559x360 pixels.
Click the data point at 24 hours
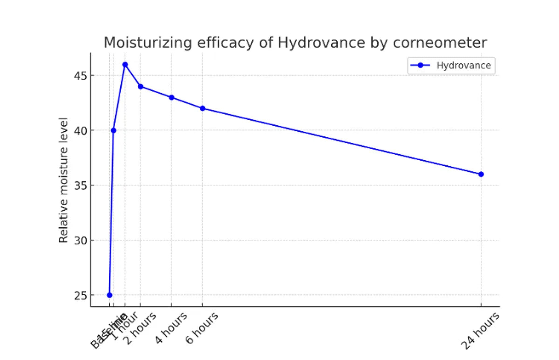click(481, 174)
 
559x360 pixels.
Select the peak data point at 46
click(125, 64)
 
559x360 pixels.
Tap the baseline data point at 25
click(109, 295)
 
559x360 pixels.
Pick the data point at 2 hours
click(141, 86)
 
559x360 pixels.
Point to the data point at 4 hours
click(171, 97)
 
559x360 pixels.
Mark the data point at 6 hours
click(202, 108)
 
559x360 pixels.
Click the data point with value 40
click(113, 130)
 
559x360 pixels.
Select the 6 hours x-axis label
click(202, 329)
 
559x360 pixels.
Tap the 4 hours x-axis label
click(171, 329)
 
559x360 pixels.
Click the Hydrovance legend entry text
click(464, 66)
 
